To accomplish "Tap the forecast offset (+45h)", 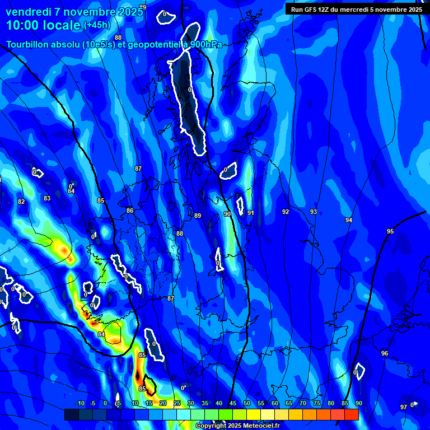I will [x=97, y=25].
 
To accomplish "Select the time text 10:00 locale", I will [x=43, y=25].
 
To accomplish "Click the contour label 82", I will [x=21, y=202].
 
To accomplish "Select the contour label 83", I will [x=47, y=198].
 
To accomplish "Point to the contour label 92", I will [x=286, y=212].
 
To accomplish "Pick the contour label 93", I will [x=314, y=212].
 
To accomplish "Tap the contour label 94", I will [x=349, y=220].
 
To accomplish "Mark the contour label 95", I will [x=390, y=231].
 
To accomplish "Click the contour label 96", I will [x=385, y=353].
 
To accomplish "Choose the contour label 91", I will [x=251, y=213].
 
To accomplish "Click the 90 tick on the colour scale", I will [x=358, y=403].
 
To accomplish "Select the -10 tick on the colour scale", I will [x=80, y=403].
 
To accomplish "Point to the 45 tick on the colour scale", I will [x=233, y=403].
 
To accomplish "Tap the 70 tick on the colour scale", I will [x=302, y=403].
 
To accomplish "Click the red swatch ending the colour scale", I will [x=351, y=414].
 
